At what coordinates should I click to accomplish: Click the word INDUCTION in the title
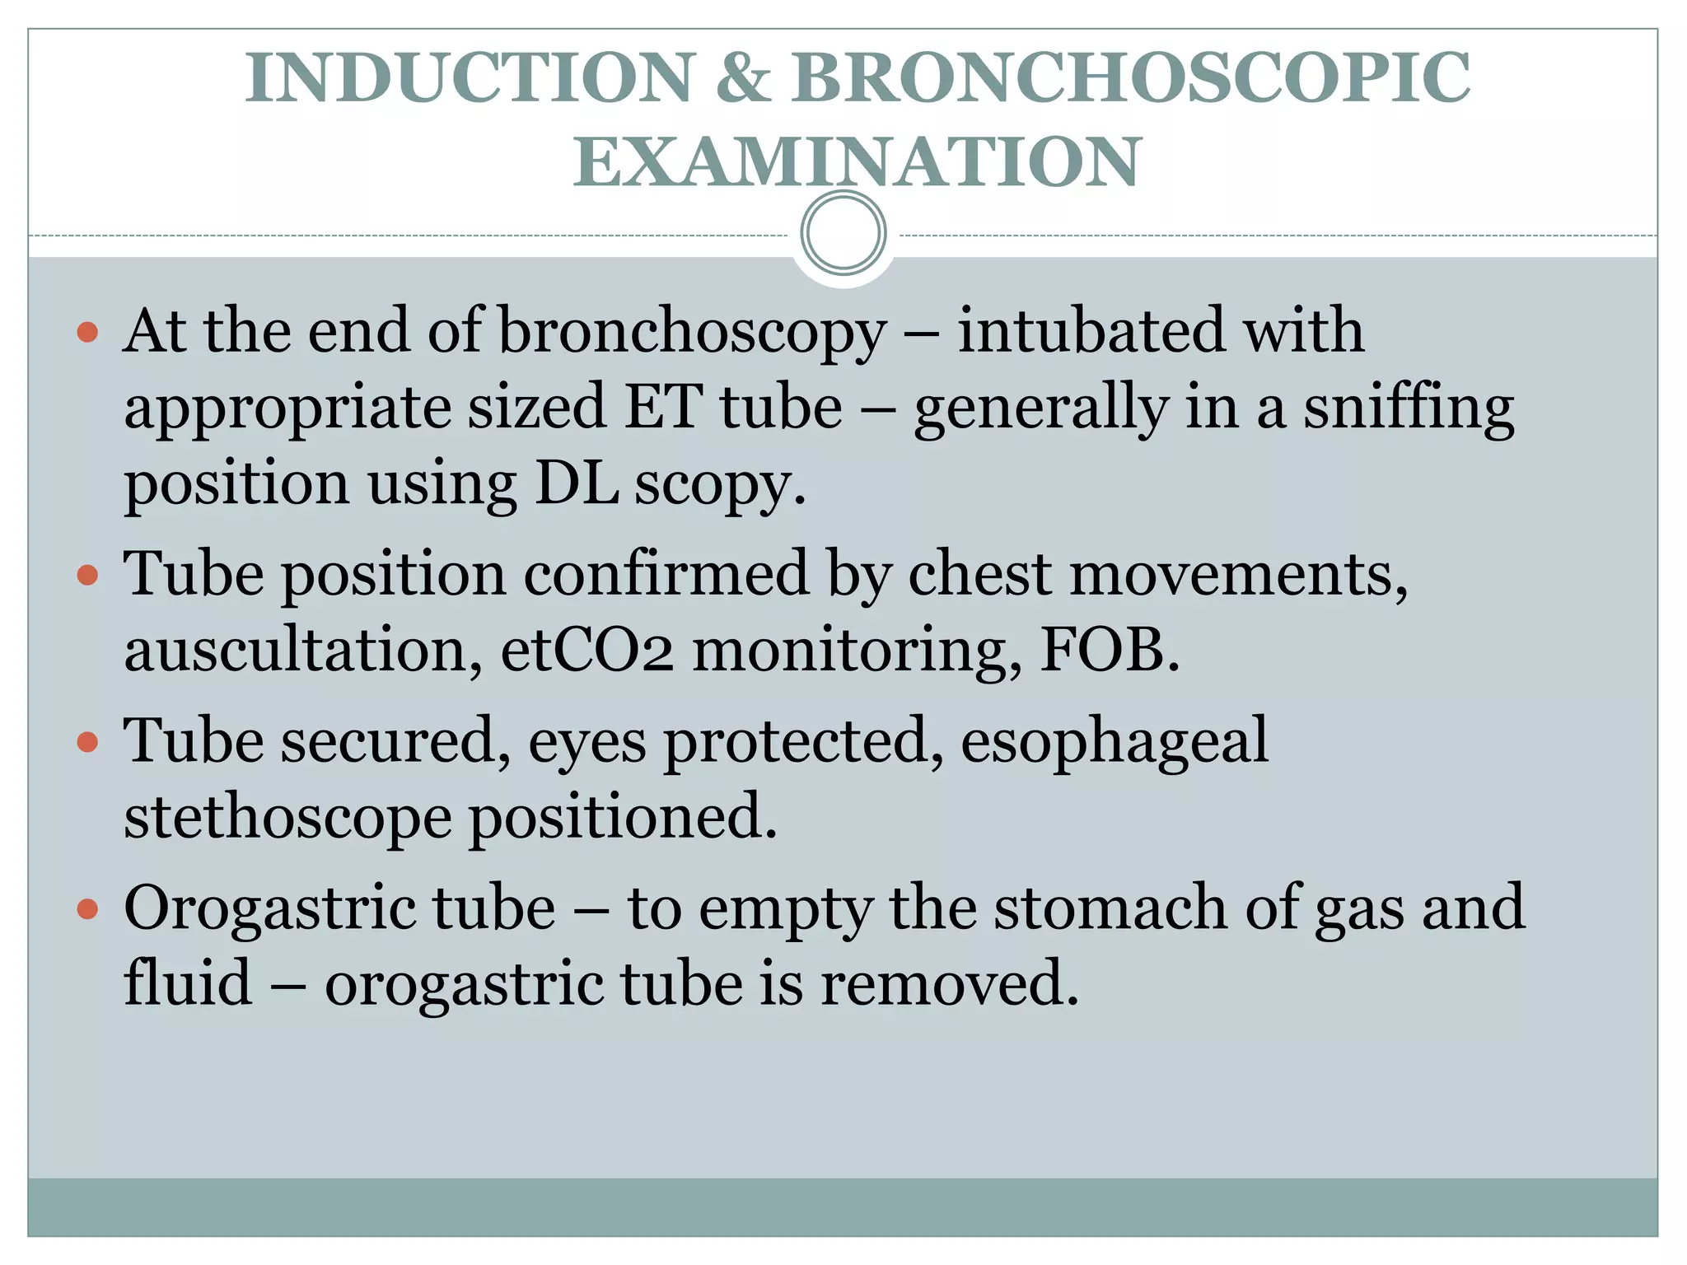click(x=470, y=78)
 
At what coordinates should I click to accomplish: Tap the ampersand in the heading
click(x=744, y=78)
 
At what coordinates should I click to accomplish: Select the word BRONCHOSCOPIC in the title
click(x=1130, y=78)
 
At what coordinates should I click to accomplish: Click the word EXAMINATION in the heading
click(x=857, y=162)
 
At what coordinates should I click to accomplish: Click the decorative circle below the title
click(x=843, y=233)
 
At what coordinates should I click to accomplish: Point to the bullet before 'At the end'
click(x=87, y=332)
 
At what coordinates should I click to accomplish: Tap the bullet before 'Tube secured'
click(x=87, y=742)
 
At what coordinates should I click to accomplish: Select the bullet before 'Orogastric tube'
click(x=87, y=909)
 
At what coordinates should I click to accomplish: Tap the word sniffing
click(x=1408, y=409)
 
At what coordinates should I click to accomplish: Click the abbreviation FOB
click(x=1110, y=651)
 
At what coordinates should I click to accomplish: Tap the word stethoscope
click(x=287, y=819)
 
